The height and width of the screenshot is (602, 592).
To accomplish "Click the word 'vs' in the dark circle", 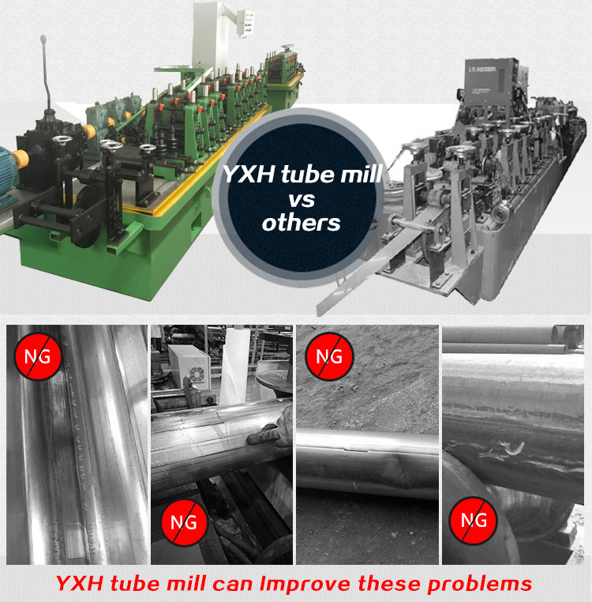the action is (x=302, y=200).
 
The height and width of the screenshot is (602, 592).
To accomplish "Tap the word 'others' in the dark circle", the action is (x=302, y=223).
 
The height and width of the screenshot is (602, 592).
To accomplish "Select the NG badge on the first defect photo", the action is (x=38, y=356).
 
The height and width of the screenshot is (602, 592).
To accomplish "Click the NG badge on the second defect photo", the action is (x=184, y=522).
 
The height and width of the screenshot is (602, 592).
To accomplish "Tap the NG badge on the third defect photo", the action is (x=329, y=356).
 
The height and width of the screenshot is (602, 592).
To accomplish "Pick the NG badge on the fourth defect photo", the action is (x=474, y=521).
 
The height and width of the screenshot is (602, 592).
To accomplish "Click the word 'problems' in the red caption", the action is (x=479, y=584).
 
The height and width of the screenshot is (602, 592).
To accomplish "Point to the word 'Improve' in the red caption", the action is (x=305, y=584).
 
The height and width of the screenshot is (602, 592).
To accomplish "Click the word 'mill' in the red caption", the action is (x=189, y=583).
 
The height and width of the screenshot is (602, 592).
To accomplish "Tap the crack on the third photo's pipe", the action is (x=357, y=448).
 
